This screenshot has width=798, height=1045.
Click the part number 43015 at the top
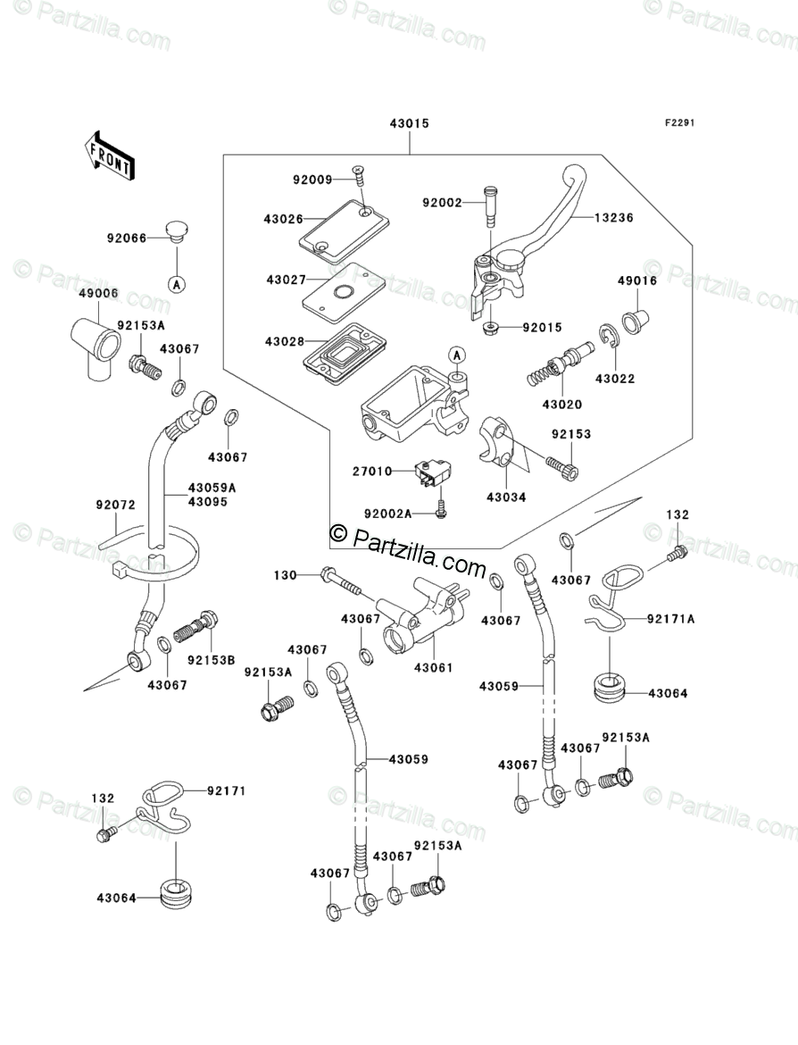tap(409, 124)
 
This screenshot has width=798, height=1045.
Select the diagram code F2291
tap(677, 124)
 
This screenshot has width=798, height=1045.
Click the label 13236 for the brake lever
tap(615, 218)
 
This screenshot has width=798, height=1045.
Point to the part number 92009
tap(312, 180)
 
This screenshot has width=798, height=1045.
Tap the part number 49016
tap(637, 280)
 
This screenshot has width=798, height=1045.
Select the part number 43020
tap(561, 405)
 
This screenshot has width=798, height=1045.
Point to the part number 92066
tap(128, 238)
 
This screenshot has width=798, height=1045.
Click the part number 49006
tap(98, 293)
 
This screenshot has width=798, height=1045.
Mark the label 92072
tap(115, 505)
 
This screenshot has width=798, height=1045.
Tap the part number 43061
tap(433, 667)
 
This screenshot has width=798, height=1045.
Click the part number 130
tap(285, 575)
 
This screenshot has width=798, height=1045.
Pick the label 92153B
tap(211, 660)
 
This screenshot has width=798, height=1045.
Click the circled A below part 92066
tap(177, 283)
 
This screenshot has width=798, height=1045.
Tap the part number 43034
tap(506, 497)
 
